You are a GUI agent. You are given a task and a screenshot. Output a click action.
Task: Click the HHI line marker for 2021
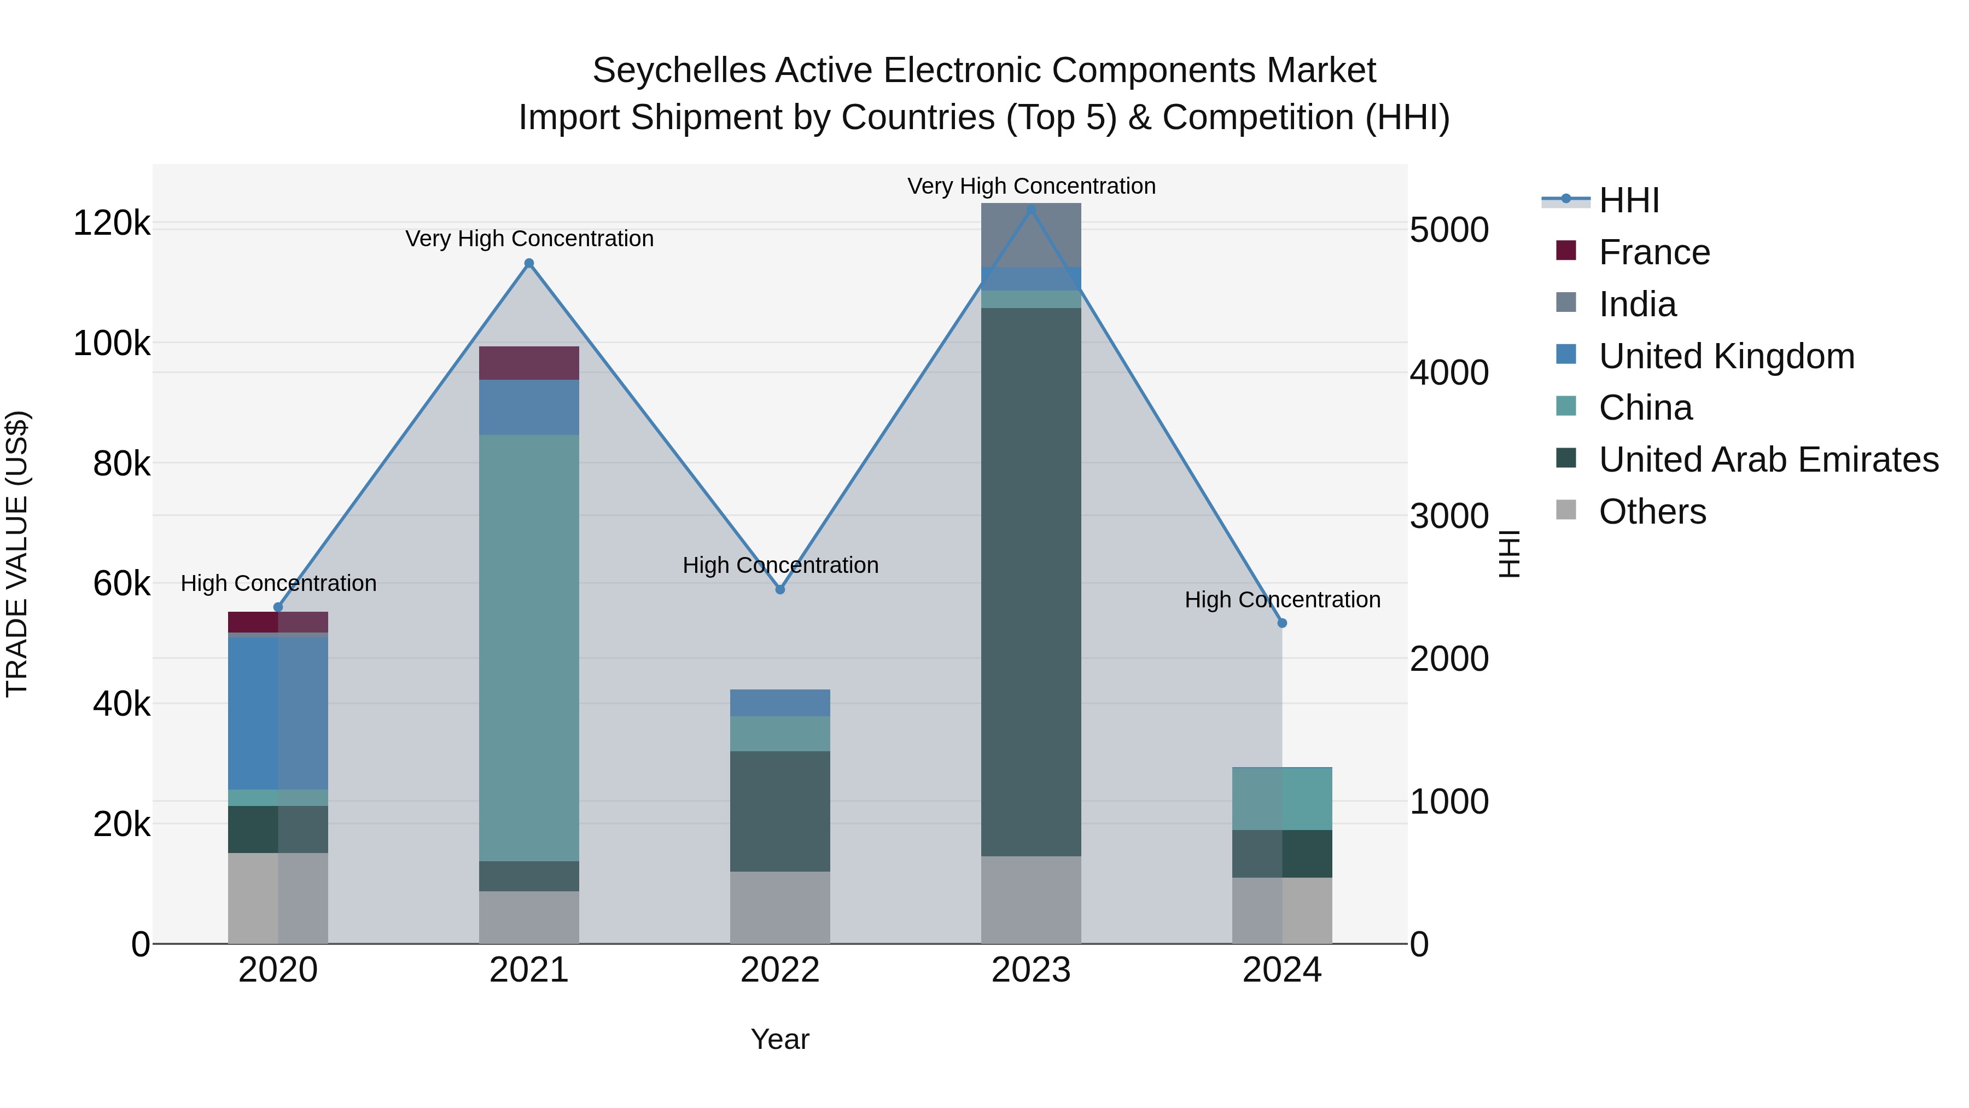tap(529, 264)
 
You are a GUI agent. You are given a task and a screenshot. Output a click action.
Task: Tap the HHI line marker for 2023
tap(1030, 210)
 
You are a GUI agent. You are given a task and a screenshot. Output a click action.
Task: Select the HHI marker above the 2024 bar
tap(1282, 623)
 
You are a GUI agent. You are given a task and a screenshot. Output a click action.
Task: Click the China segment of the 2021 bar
tap(529, 648)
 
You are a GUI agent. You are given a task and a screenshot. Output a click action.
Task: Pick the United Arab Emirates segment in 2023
tap(1030, 581)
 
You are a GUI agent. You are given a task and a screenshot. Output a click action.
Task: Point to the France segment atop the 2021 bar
tap(529, 363)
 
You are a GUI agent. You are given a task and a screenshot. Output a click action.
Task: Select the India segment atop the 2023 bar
tap(1030, 235)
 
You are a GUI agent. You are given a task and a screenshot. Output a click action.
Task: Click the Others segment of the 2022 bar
tap(779, 908)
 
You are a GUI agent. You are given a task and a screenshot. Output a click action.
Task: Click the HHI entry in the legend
tap(1628, 200)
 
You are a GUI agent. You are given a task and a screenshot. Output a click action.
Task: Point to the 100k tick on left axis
tap(112, 343)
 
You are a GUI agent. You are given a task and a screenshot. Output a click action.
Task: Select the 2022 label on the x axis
tap(779, 970)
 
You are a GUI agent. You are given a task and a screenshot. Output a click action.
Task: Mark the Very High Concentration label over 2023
tap(1030, 186)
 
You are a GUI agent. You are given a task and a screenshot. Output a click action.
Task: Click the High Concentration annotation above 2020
tap(278, 583)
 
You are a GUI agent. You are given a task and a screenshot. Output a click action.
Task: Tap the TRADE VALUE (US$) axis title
tap(17, 554)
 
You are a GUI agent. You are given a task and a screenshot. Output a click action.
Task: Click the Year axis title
tap(779, 1039)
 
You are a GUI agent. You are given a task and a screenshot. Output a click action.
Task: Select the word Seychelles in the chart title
tap(678, 71)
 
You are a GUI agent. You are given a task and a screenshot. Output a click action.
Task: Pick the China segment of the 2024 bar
tap(1282, 798)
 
